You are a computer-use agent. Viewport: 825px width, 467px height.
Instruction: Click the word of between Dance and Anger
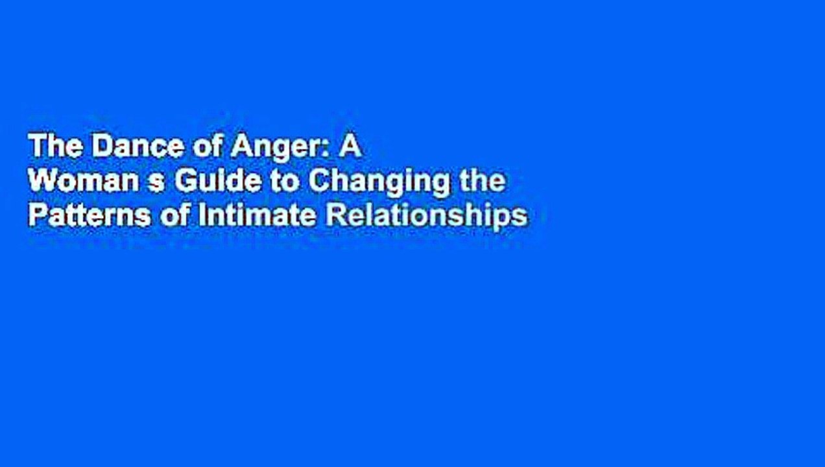coord(202,148)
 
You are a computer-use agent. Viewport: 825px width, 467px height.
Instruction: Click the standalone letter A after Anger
coord(351,148)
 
